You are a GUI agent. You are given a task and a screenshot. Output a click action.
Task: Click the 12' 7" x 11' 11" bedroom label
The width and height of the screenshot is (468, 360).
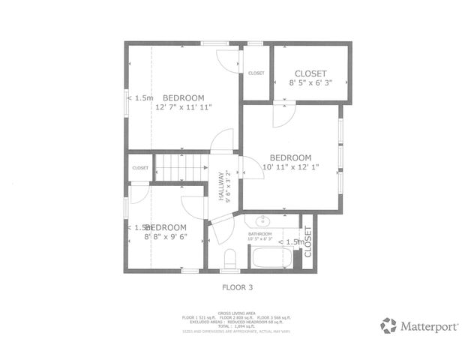[184, 103]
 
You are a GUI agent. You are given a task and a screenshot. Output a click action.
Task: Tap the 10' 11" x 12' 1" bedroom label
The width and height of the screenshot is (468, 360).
[290, 161]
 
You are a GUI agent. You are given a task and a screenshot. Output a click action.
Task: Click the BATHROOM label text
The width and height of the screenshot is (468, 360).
[260, 234]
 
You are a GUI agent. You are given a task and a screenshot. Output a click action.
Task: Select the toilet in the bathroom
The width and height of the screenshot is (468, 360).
[230, 259]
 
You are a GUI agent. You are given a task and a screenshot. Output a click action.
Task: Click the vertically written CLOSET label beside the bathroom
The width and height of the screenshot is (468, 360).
[308, 241]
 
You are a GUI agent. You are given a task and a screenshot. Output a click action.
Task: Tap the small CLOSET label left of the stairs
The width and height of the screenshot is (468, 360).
[140, 168]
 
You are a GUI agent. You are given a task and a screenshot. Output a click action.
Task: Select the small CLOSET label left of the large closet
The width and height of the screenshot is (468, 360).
[256, 73]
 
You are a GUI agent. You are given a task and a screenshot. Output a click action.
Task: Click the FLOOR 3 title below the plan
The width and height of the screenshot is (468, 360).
[237, 286]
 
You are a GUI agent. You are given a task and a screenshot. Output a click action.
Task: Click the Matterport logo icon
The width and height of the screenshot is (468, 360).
[388, 325]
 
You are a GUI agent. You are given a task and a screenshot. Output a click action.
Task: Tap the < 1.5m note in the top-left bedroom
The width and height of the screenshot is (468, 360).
[140, 97]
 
